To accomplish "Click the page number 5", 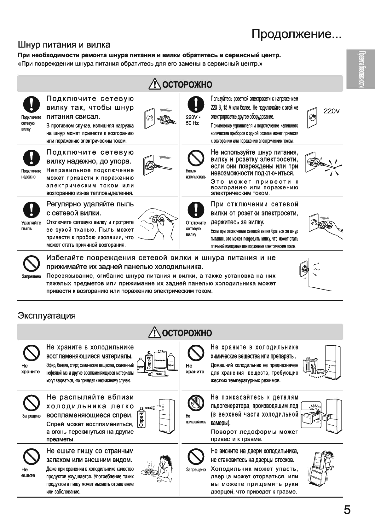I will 347,510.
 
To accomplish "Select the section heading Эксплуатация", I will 47,315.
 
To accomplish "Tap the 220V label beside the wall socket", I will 332,111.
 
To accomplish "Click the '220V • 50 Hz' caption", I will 192,120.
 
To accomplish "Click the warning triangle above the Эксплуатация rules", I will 155,333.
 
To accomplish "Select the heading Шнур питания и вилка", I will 64,44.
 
